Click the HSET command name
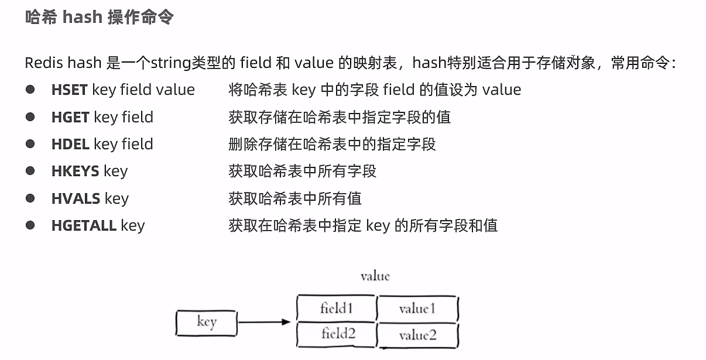click(x=69, y=90)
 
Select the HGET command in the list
click(x=70, y=117)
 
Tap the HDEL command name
click(x=70, y=144)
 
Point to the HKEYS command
click(x=75, y=171)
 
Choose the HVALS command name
click(x=76, y=198)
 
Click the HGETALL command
click(x=84, y=225)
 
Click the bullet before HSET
click(x=30, y=90)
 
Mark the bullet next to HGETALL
click(x=30, y=225)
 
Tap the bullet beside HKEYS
click(x=30, y=171)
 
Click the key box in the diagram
click(x=207, y=323)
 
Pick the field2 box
click(x=336, y=334)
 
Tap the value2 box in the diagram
click(x=417, y=335)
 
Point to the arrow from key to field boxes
click(x=264, y=322)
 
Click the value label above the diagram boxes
click(x=375, y=276)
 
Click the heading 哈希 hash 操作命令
click(x=99, y=17)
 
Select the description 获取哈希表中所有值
click(x=295, y=198)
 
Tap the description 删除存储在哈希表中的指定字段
click(x=332, y=144)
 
